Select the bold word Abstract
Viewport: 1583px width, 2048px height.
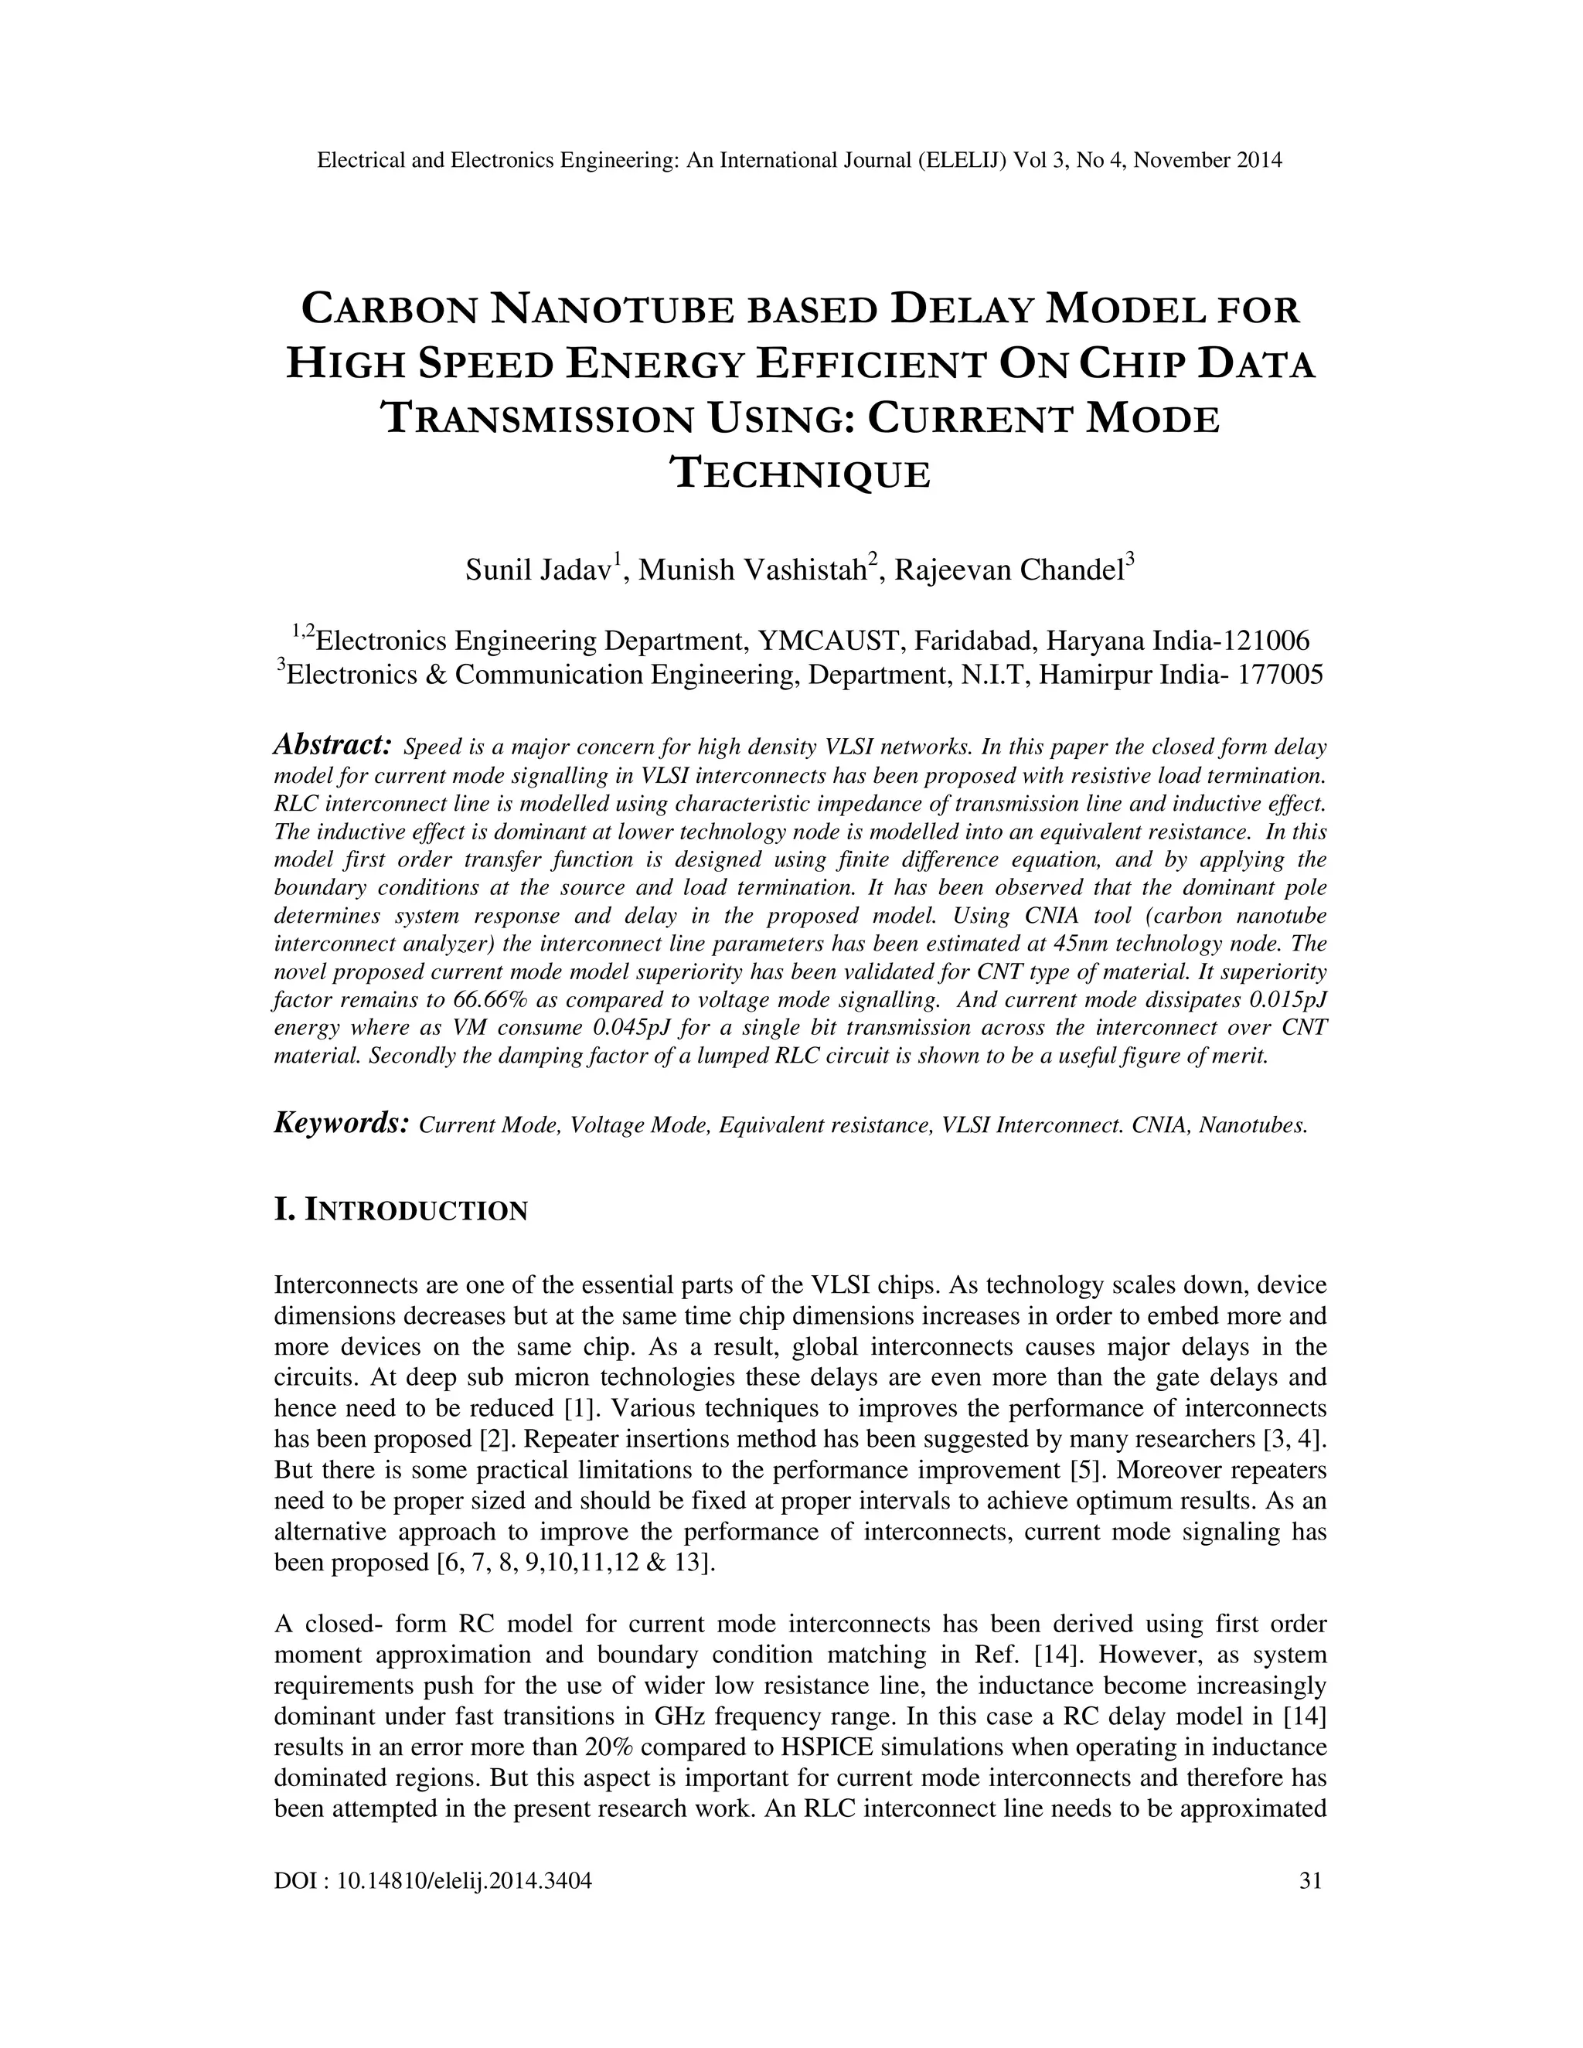pyautogui.click(x=332, y=746)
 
